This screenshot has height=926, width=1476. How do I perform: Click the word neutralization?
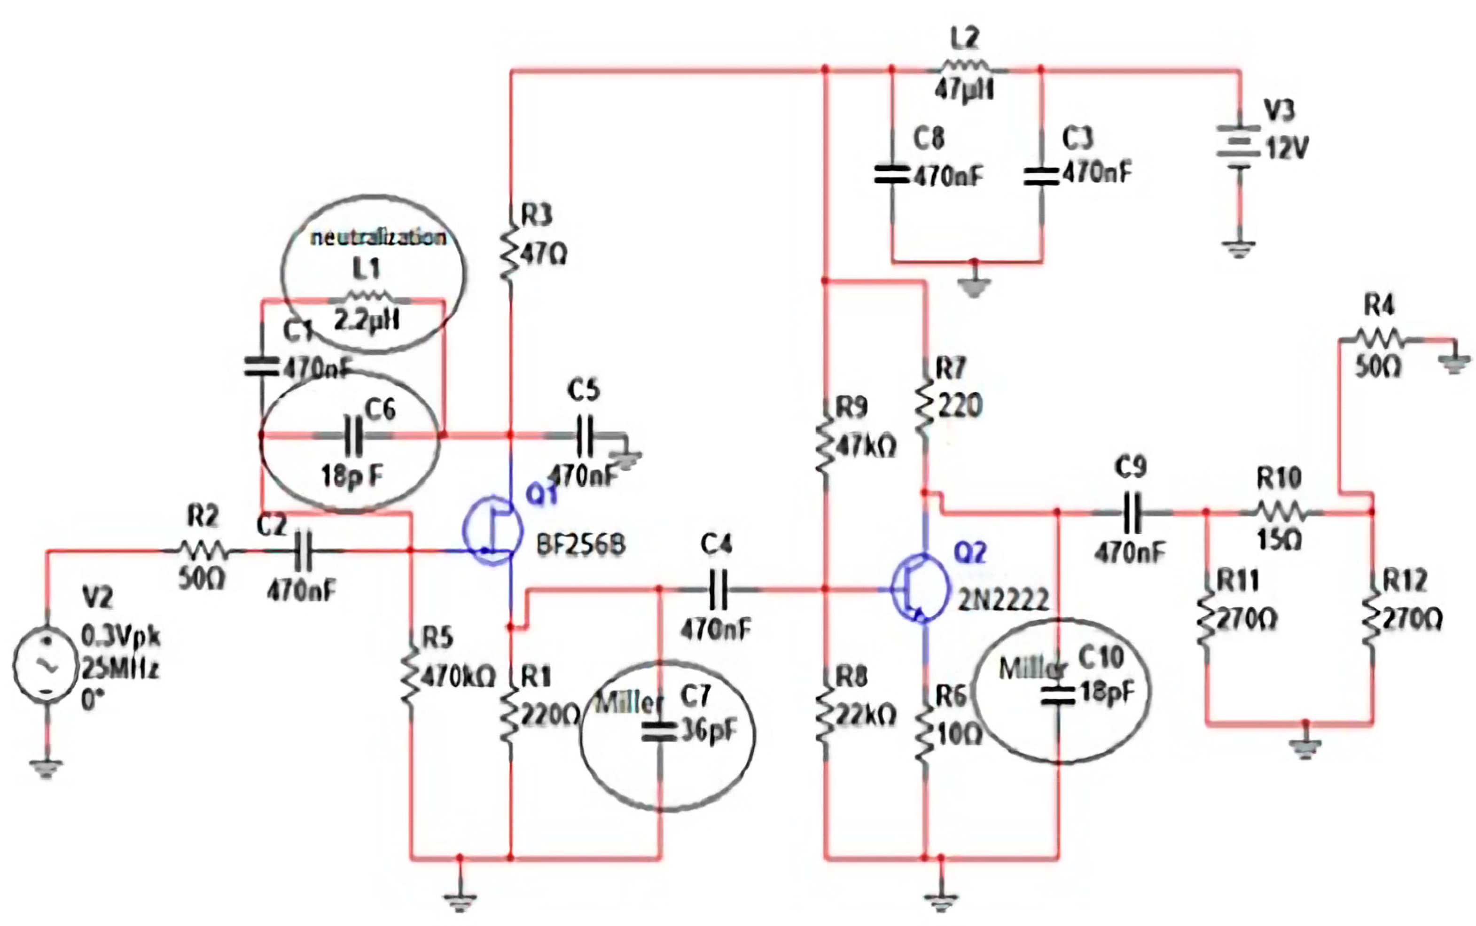[x=378, y=238]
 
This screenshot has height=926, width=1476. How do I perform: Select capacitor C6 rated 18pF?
[x=354, y=436]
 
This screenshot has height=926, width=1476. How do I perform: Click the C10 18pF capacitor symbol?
[x=1058, y=695]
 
